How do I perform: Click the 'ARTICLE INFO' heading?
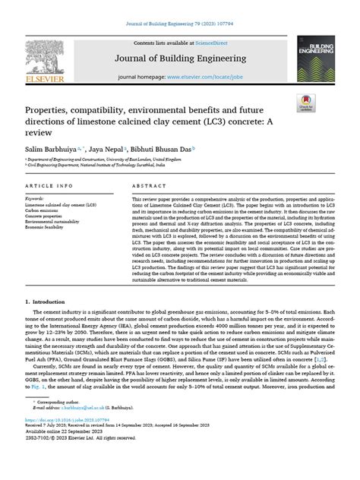51,185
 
